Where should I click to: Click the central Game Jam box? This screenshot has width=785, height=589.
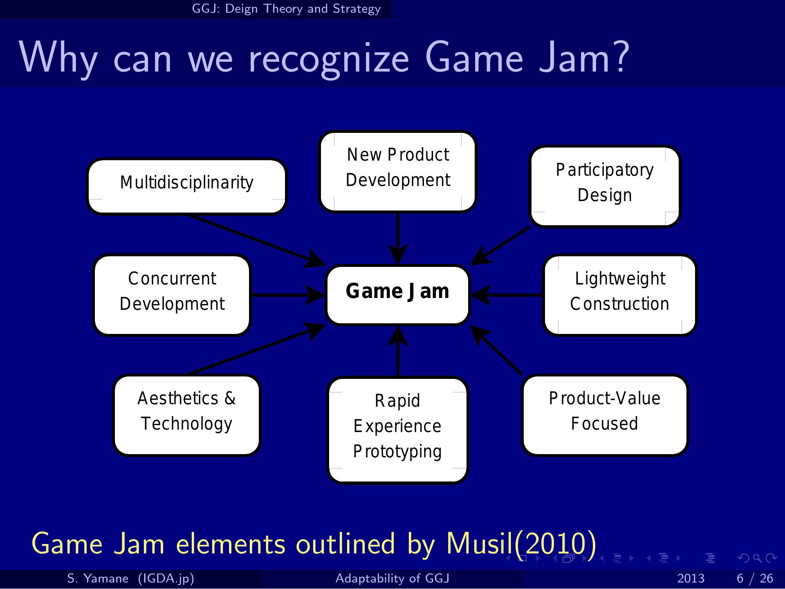[398, 295]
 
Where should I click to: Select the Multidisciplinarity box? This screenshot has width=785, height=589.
[187, 186]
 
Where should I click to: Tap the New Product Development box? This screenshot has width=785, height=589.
[398, 172]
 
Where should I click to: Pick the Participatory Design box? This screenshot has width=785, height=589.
[605, 186]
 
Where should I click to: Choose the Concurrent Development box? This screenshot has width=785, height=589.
[172, 295]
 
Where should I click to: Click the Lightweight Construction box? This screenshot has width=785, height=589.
[620, 295]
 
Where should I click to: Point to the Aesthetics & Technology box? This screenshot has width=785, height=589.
[187, 415]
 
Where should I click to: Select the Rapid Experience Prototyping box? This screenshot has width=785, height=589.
[398, 430]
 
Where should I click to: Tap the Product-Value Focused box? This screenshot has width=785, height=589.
[605, 415]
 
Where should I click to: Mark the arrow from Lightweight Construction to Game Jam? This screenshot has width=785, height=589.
[507, 295]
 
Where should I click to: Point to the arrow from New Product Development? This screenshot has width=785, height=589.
[398, 239]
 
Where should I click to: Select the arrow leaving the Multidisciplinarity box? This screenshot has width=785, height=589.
[256, 240]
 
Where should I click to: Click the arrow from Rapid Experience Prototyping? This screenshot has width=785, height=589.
[398, 351]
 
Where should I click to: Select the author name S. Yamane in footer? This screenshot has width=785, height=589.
[98, 578]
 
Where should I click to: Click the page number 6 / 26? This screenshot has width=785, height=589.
[755, 578]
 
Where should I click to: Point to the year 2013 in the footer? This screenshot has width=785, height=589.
[691, 578]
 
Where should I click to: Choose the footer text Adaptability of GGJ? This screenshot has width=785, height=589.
[392, 578]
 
